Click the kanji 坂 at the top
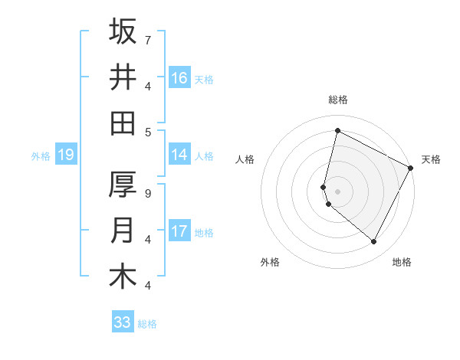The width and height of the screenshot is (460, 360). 123,32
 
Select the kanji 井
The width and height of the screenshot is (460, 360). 123,77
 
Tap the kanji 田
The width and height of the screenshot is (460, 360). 123,123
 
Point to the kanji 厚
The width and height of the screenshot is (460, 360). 123,185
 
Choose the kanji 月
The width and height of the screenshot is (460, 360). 123,231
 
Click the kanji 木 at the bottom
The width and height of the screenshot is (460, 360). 123,277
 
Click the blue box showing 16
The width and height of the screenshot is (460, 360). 179,78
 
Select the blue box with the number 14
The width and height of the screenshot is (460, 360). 179,155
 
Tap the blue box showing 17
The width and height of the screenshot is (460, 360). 179,231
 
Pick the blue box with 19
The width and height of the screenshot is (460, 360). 65,155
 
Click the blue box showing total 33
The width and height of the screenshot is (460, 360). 123,322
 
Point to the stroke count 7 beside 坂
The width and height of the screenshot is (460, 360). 147,40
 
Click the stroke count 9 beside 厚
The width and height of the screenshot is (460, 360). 147,193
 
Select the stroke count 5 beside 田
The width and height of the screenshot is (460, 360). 147,131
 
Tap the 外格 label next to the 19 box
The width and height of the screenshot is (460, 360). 41,156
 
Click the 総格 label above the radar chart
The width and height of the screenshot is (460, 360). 338,100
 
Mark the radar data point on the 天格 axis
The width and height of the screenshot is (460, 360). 411,169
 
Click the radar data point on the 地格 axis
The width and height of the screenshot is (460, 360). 374,241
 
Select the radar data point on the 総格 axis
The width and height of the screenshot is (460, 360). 337,130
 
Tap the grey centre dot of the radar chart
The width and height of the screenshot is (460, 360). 337,191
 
